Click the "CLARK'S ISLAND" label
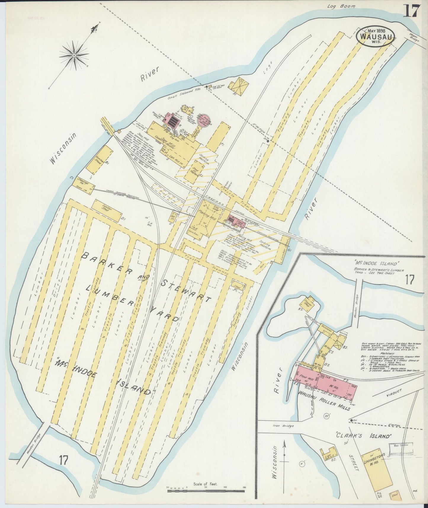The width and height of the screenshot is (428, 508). [x=364, y=436]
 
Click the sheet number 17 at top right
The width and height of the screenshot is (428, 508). [x=411, y=11]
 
